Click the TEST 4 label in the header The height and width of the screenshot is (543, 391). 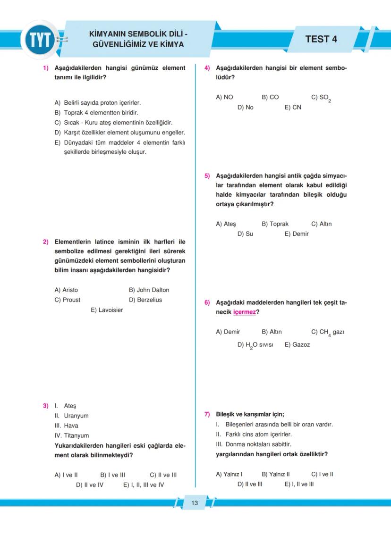[x=321, y=39]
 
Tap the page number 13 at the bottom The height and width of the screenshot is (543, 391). [x=195, y=503]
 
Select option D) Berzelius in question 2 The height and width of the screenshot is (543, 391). [x=145, y=300]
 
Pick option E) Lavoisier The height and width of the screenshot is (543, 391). [x=107, y=310]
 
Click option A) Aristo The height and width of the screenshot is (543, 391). [x=66, y=290]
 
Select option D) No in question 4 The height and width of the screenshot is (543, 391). [x=246, y=108]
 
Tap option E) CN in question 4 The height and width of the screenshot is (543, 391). [x=293, y=108]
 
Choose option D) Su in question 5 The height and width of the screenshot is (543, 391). [x=245, y=234]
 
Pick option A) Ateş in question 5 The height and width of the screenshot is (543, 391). [x=226, y=224]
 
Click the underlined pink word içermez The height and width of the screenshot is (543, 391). [x=245, y=312]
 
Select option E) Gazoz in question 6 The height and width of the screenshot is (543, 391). [x=297, y=345]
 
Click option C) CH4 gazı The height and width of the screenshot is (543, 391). [x=327, y=332]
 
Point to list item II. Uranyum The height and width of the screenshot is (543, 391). [x=71, y=416]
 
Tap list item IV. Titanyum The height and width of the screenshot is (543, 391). [x=71, y=435]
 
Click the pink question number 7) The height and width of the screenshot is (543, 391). [x=207, y=415]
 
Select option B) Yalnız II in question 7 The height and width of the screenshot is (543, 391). [x=276, y=474]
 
